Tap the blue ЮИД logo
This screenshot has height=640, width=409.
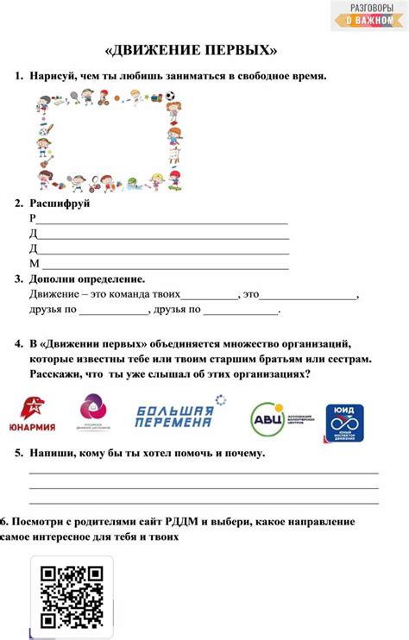tap(343, 423)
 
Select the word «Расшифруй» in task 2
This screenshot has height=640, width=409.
tap(60, 204)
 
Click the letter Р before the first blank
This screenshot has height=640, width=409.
tap(33, 218)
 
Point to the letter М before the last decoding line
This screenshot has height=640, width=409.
tap(34, 263)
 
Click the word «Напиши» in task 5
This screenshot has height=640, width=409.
tap(49, 453)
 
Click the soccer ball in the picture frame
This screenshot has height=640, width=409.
tap(170, 96)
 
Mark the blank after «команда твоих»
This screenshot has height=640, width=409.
tap(209, 296)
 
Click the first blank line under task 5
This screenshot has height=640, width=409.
tap(204, 473)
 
